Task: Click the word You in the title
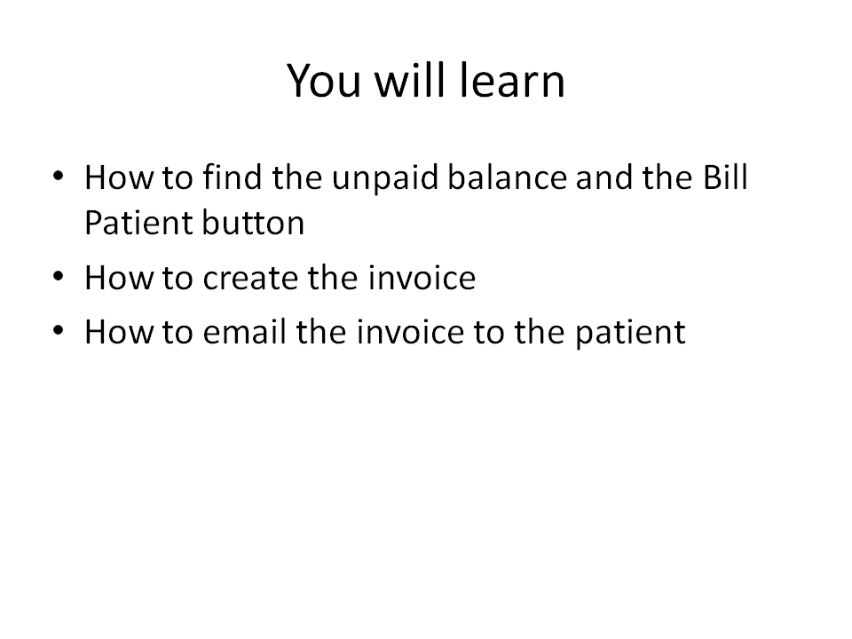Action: point(324,81)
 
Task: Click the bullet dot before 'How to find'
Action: point(59,176)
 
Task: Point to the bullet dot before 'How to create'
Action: point(59,277)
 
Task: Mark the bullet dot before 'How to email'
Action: point(59,330)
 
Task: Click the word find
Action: point(233,177)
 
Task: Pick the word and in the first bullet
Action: point(604,177)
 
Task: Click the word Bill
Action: point(725,177)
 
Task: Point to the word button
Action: point(253,223)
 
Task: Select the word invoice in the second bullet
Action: point(422,278)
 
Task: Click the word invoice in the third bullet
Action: point(411,331)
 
